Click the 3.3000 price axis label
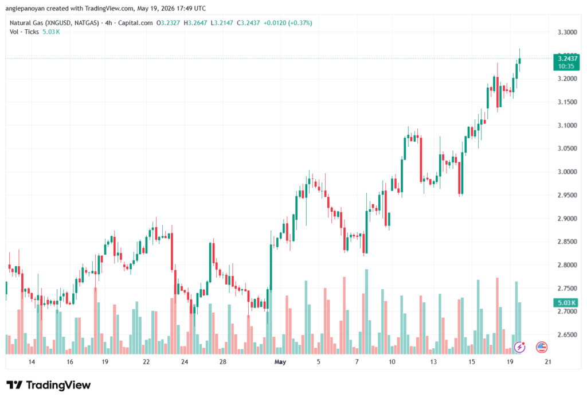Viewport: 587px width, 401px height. (567, 32)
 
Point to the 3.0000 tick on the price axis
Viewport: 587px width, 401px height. (567, 172)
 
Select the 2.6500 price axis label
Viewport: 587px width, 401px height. (567, 334)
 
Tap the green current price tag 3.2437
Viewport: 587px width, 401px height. (566, 62)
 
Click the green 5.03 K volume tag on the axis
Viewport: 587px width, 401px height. (566, 302)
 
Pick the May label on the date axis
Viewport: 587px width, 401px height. (280, 362)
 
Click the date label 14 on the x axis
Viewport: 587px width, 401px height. (32, 362)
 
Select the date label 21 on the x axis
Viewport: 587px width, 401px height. (548, 362)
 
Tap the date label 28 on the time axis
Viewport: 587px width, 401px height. (223, 362)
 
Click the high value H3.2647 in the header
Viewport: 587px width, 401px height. (195, 24)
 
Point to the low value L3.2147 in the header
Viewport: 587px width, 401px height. (222, 24)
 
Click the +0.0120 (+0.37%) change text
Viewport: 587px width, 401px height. (288, 24)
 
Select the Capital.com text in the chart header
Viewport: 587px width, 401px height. (135, 24)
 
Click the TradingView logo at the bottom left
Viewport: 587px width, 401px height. (49, 385)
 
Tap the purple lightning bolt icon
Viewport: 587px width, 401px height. (519, 347)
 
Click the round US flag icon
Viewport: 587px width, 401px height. (542, 347)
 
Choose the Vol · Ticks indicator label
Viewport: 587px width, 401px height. (24, 32)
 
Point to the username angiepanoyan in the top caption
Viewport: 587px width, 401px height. (25, 8)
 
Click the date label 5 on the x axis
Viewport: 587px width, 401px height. (319, 362)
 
